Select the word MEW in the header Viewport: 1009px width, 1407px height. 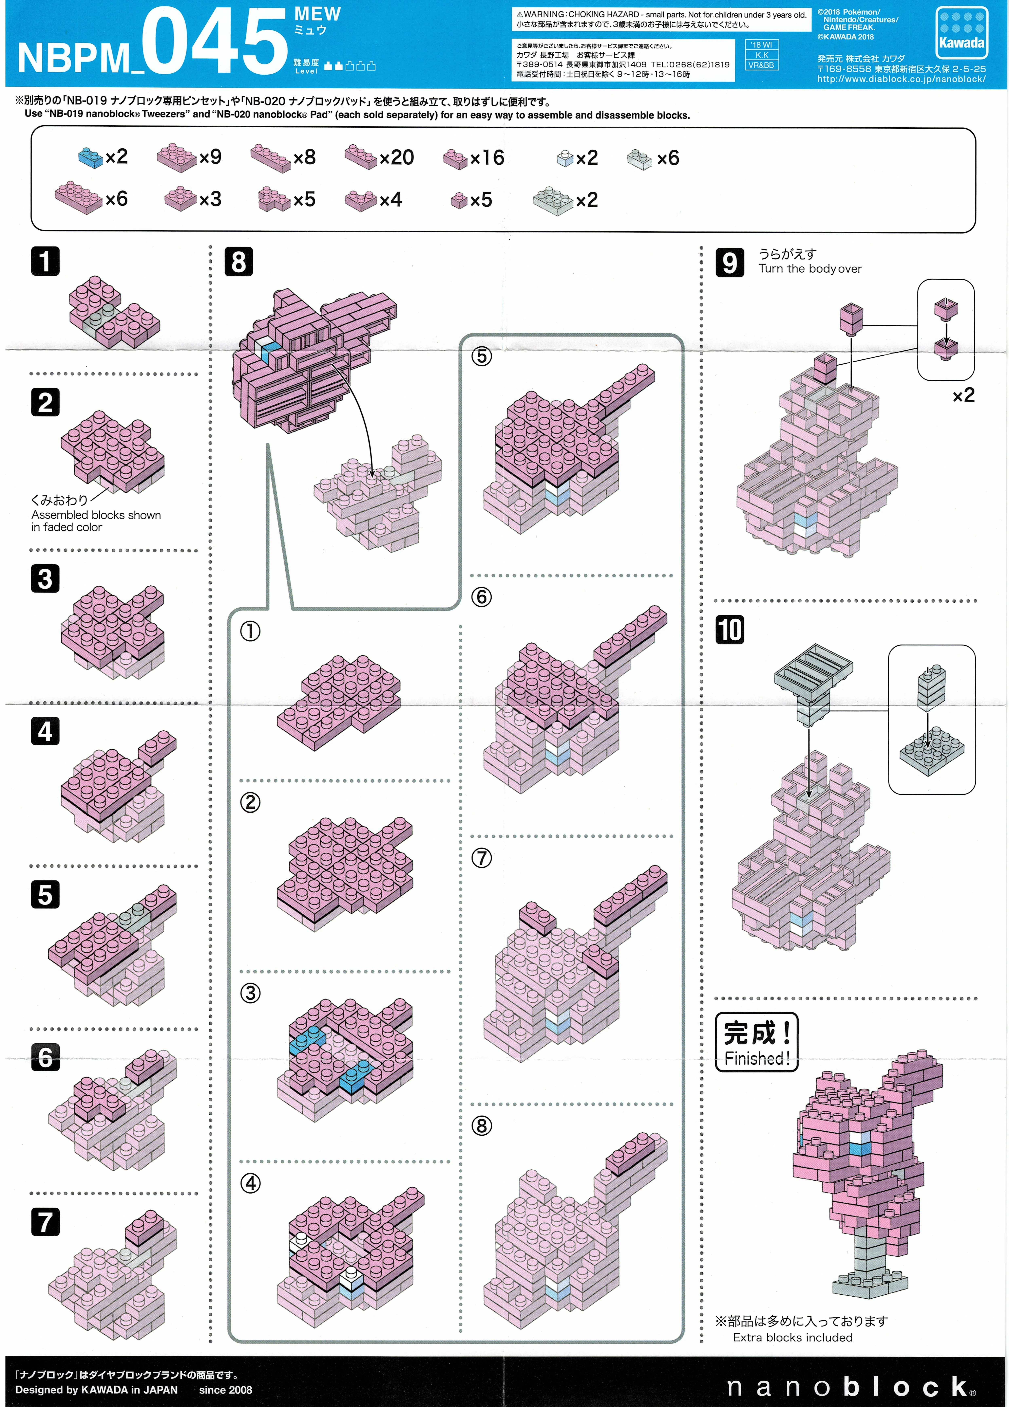[318, 14]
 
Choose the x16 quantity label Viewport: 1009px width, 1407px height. [487, 158]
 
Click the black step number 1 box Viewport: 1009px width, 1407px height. [45, 261]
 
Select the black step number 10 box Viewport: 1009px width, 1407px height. [729, 630]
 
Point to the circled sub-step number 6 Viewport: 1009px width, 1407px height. [481, 597]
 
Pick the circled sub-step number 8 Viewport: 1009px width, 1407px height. [481, 1125]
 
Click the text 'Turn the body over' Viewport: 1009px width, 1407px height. [810, 269]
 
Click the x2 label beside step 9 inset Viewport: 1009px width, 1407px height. [963, 395]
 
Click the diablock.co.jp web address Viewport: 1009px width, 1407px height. [901, 79]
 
